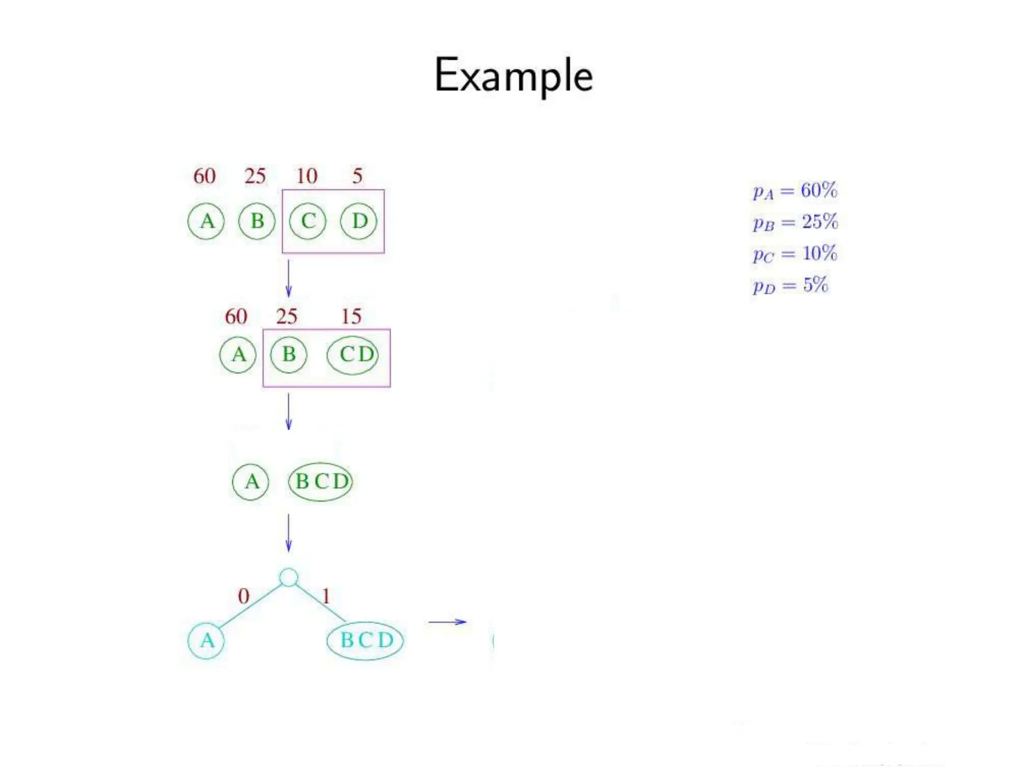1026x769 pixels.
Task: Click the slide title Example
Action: (514, 75)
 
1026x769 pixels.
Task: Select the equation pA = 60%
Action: (795, 191)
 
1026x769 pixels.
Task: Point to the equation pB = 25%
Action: (795, 222)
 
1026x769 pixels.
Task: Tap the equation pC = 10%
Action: (795, 254)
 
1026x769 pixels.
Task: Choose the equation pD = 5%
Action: (790, 285)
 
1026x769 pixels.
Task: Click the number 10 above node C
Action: (307, 176)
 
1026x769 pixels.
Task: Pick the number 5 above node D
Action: (357, 176)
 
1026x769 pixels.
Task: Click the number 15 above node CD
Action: (351, 316)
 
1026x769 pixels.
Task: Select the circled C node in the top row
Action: (308, 221)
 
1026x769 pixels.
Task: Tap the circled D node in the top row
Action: (359, 221)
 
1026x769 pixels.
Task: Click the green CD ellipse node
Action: (353, 355)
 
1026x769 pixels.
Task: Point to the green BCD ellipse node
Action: (321, 481)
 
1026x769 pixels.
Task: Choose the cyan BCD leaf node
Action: (365, 640)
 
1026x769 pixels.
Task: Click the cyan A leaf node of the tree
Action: (206, 640)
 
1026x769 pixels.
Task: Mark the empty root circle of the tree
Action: (289, 577)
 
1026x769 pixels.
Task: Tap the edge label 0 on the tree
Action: (243, 596)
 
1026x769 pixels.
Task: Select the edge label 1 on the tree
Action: (326, 596)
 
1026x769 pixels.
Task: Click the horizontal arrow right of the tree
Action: (447, 622)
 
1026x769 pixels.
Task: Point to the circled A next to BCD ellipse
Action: (251, 482)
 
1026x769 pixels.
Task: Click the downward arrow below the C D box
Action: (289, 278)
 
